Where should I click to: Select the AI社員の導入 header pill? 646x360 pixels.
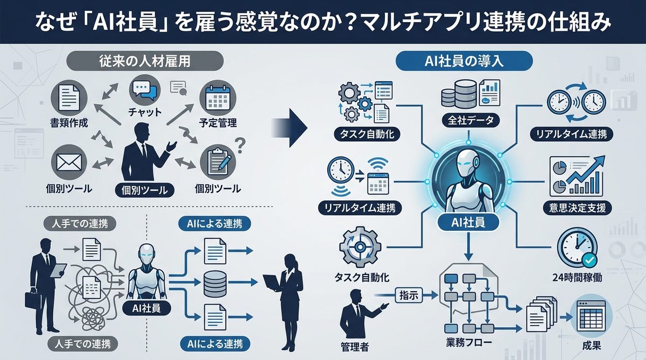pos(464,61)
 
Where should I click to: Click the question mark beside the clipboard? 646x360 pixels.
pos(241,143)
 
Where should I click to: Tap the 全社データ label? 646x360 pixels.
pos(467,121)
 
